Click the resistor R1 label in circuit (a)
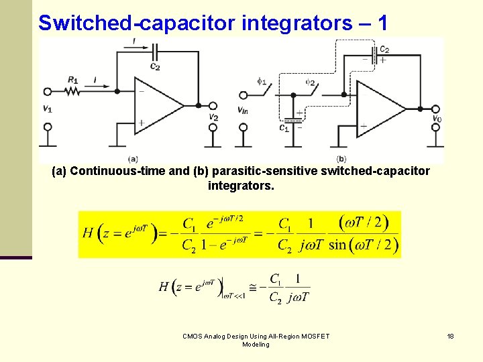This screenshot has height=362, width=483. point(72,80)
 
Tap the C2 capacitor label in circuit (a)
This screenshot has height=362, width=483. point(155,66)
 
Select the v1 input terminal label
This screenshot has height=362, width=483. point(47,109)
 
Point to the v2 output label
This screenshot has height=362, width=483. point(213,117)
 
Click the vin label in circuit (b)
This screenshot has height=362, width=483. point(244,109)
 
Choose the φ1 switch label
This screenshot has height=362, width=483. point(262,82)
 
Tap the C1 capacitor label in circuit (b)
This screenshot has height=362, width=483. point(284,127)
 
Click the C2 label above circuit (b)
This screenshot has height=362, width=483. point(384,49)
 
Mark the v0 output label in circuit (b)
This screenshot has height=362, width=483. point(437,119)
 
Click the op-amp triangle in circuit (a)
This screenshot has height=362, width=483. point(158,105)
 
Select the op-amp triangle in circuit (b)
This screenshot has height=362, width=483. point(380,107)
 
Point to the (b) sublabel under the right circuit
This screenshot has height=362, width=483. point(341,159)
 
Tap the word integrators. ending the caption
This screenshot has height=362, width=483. point(241,185)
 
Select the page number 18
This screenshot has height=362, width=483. point(451,336)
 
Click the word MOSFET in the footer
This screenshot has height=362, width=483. point(315,336)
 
